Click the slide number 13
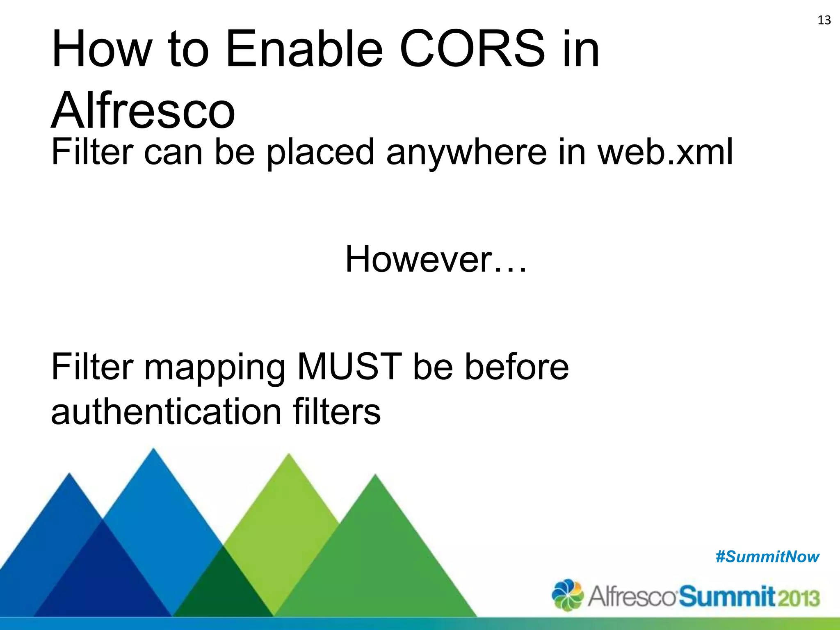(824, 20)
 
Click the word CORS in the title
(472, 49)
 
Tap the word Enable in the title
(304, 49)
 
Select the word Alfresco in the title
(143, 110)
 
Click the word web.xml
(665, 152)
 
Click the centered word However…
(436, 259)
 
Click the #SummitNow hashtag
(767, 557)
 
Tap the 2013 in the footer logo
(799, 598)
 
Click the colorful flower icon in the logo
(567, 595)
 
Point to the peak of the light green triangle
(289, 456)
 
